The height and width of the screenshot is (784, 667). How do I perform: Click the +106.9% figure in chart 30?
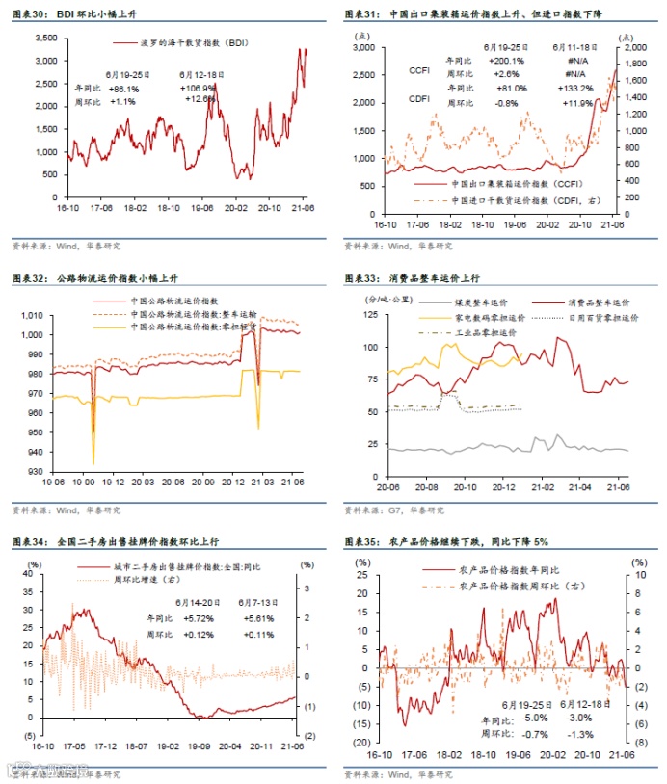click(x=198, y=88)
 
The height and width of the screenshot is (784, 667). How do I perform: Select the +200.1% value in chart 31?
click(x=505, y=60)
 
